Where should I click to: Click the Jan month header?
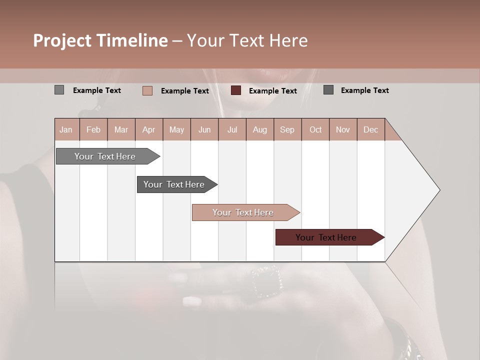coord(66,129)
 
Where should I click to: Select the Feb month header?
coord(93,129)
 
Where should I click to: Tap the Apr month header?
coord(148,129)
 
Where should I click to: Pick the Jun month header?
coord(204,129)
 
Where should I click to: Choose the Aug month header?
coord(259,129)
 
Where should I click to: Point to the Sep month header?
coord(287,129)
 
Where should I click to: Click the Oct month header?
coord(315,129)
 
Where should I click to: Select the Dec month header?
coord(370,129)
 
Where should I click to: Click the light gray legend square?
coord(59,90)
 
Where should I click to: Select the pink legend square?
coord(147,90)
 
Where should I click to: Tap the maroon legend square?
coord(236,90)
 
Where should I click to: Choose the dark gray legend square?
coord(328,90)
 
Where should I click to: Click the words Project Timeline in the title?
coord(100,40)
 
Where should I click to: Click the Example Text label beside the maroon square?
coord(272,91)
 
